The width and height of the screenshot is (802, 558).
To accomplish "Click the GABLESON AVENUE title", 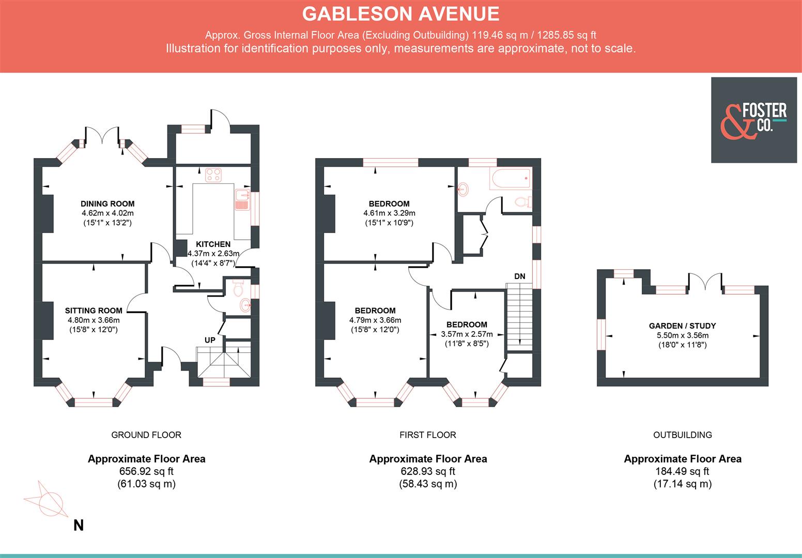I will pyautogui.click(x=400, y=14).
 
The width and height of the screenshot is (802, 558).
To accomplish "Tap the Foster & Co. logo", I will pyautogui.click(x=754, y=120).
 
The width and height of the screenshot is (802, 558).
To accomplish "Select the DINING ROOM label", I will pyautogui.click(x=107, y=204).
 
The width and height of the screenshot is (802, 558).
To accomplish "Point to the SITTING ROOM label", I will pyautogui.click(x=94, y=311).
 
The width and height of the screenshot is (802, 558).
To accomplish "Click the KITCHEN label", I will pyautogui.click(x=213, y=244).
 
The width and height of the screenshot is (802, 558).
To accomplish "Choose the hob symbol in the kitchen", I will pyautogui.click(x=213, y=175).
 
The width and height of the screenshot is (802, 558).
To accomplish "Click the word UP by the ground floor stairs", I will pyautogui.click(x=210, y=340).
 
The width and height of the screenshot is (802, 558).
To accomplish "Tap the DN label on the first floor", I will pyautogui.click(x=519, y=276).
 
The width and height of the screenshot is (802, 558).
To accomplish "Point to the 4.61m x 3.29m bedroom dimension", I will pyautogui.click(x=389, y=213).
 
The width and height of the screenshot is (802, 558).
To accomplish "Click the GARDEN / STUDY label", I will pyautogui.click(x=682, y=326).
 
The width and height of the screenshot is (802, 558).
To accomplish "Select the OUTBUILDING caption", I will pyautogui.click(x=682, y=435).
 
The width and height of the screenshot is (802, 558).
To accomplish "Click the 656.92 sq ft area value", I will pyautogui.click(x=146, y=471).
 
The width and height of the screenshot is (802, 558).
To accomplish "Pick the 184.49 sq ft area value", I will pyautogui.click(x=682, y=471).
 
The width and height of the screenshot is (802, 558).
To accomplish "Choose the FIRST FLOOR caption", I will pyautogui.click(x=427, y=435).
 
